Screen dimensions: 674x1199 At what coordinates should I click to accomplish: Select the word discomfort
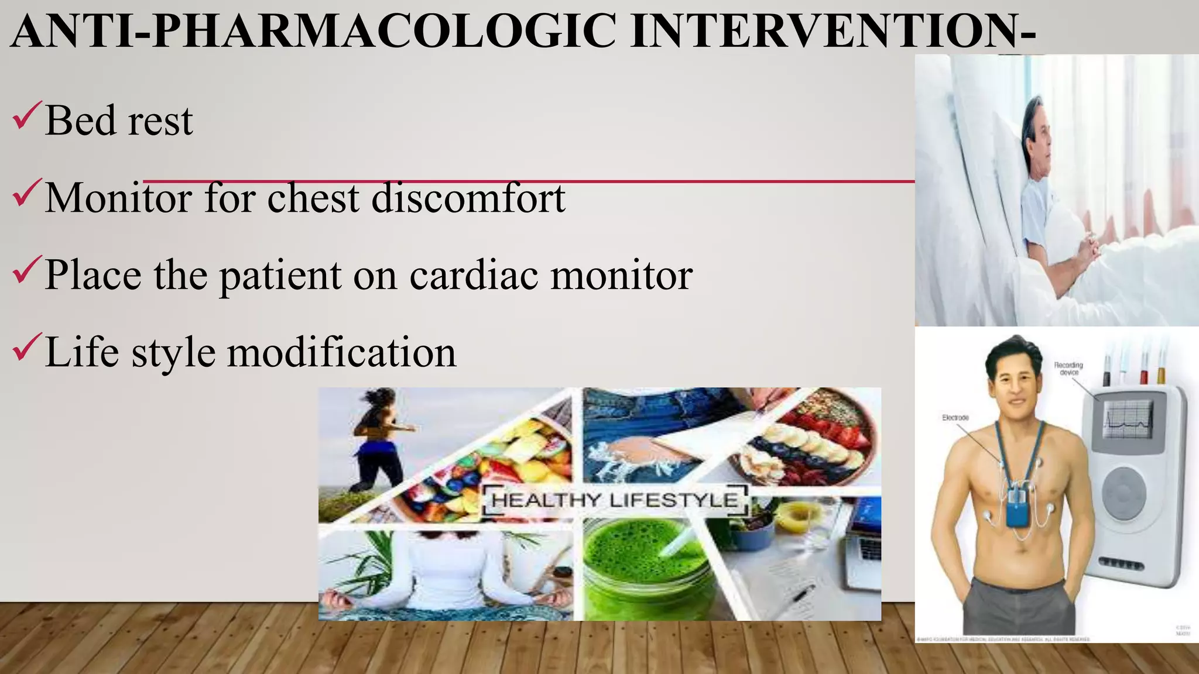point(468,198)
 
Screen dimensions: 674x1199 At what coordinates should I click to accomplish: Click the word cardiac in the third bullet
point(473,274)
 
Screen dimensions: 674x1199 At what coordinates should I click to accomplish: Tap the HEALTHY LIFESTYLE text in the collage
point(614,501)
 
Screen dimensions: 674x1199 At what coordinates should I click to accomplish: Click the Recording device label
point(1068,368)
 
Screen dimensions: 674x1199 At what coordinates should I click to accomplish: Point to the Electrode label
point(955,418)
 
